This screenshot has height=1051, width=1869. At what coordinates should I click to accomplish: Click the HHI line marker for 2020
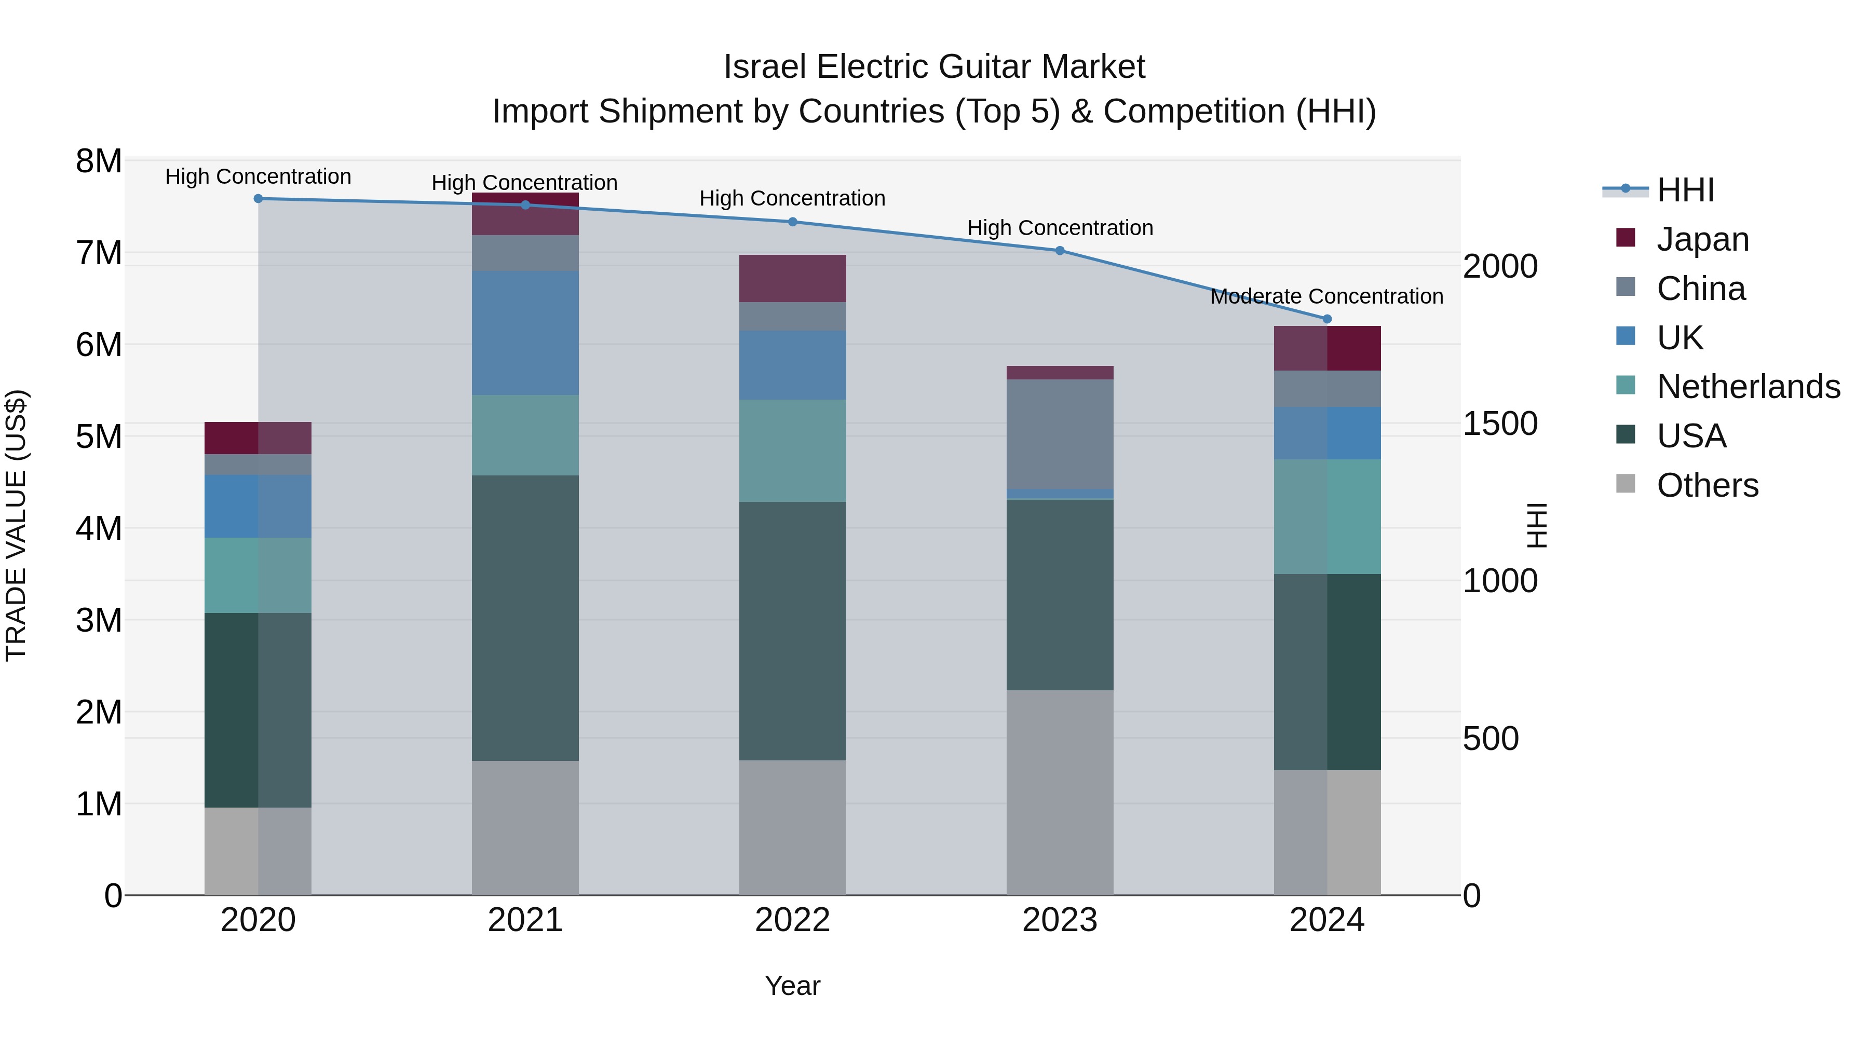click(x=259, y=199)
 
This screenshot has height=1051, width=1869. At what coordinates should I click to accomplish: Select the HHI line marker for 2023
click(x=1060, y=251)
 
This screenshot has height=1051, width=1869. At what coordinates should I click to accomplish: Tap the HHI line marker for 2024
click(x=1327, y=319)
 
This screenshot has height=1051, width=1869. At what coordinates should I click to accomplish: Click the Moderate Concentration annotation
click(x=1326, y=297)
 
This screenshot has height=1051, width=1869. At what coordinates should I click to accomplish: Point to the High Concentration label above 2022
click(x=792, y=198)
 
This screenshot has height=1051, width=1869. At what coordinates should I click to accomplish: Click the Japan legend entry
click(x=1702, y=239)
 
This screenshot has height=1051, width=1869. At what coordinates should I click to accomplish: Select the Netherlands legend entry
click(x=1748, y=387)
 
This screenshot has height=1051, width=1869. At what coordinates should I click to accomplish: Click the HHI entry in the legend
click(x=1685, y=190)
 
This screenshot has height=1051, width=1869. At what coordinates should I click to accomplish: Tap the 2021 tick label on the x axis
click(x=525, y=920)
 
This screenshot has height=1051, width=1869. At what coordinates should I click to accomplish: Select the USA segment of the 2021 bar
click(x=525, y=618)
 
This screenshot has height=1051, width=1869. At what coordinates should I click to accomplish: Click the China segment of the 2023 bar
click(x=1060, y=434)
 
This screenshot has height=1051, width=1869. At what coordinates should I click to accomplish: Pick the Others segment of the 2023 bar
click(x=1060, y=792)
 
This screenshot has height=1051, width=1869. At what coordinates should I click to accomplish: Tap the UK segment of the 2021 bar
click(x=525, y=333)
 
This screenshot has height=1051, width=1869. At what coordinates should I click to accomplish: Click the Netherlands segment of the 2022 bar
click(x=792, y=451)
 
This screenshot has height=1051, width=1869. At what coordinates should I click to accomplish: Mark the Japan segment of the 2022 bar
click(x=792, y=279)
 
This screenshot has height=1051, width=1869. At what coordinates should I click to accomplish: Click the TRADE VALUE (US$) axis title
click(x=16, y=525)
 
